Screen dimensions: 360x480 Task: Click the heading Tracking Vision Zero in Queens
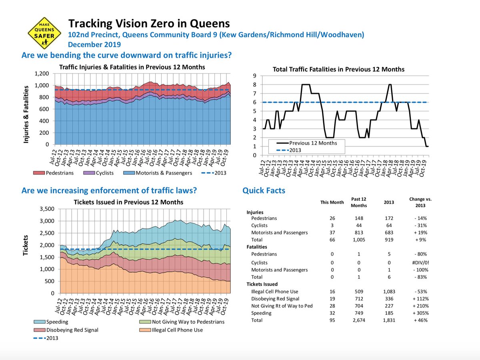click(148, 23)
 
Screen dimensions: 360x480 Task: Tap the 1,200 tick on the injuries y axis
click(42, 74)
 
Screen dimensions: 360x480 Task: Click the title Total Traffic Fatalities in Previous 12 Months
click(338, 69)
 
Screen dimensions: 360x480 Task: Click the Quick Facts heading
click(264, 190)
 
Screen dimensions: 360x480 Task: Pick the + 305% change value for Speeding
click(417, 313)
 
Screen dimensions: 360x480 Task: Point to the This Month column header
click(332, 202)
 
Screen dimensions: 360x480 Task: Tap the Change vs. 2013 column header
click(417, 202)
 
